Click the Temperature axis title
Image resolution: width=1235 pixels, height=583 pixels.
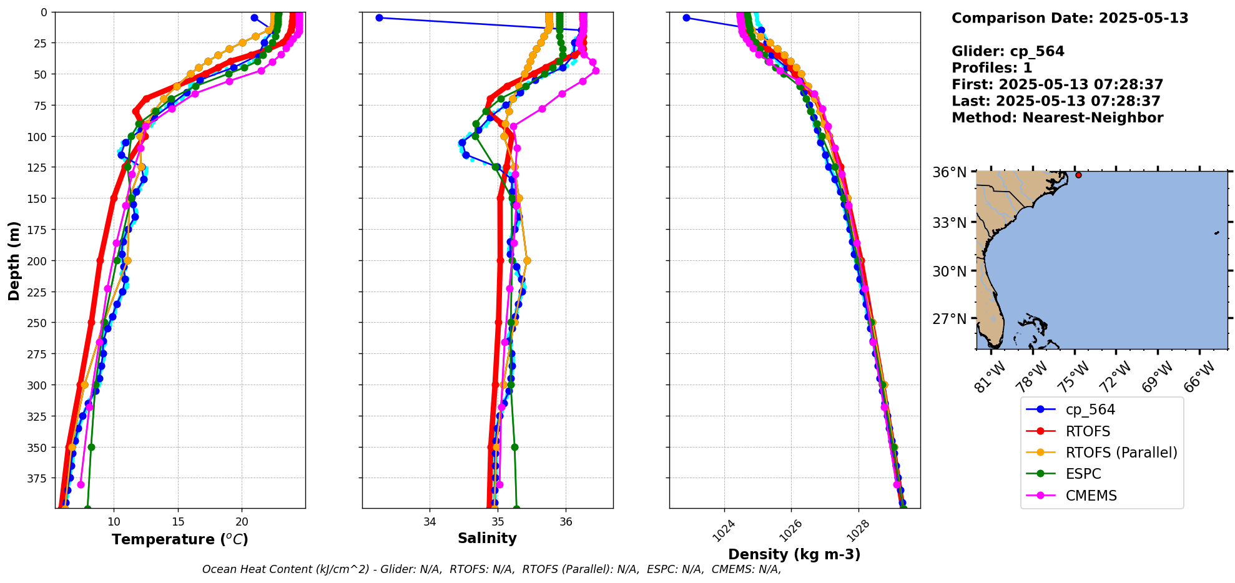pos(180,539)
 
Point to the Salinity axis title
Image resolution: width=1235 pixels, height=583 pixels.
pos(487,539)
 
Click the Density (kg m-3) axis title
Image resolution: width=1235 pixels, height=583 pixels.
pos(794,554)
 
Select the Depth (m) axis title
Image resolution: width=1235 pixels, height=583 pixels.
pos(14,260)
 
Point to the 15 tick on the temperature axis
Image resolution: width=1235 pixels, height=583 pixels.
pos(178,522)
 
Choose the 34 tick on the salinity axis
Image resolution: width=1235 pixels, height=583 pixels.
pos(430,522)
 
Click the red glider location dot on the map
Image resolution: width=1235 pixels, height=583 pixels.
pos(1078,175)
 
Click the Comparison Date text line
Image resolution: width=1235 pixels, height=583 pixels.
pos(1070,18)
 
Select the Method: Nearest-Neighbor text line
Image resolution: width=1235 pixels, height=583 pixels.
pos(1057,118)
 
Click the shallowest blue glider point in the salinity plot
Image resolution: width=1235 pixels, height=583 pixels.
pos(379,18)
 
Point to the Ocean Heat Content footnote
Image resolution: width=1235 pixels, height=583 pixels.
pos(491,569)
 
